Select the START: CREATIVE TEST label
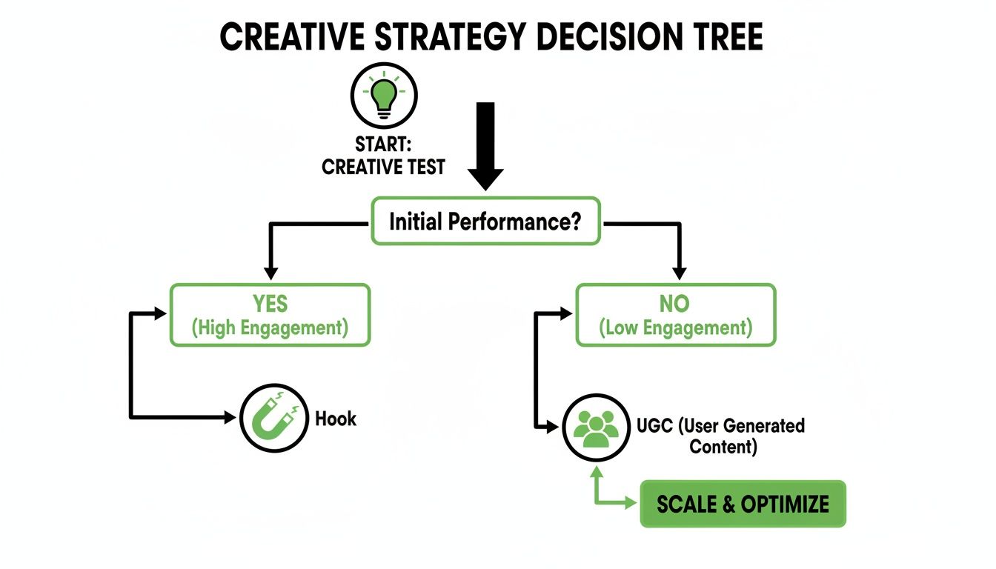[383, 156]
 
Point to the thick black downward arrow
[485, 144]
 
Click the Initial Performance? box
[485, 221]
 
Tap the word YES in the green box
[270, 304]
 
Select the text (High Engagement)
[270, 327]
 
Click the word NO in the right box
[674, 304]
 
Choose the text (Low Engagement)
[675, 327]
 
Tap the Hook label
[336, 419]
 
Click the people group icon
[591, 428]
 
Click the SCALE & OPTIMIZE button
[743, 505]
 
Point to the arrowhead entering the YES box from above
[270, 273]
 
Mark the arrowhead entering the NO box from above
[679, 273]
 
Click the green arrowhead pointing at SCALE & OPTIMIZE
[631, 504]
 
